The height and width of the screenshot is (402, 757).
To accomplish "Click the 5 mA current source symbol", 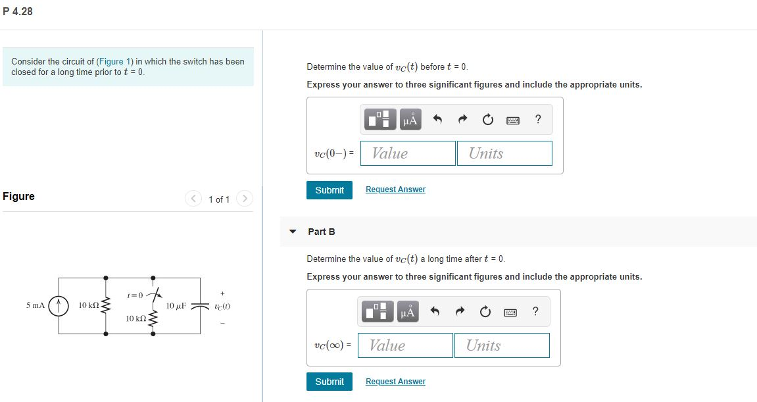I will [x=60, y=306].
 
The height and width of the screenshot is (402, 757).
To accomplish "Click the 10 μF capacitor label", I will [x=176, y=306].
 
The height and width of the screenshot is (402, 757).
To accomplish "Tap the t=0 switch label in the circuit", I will [x=135, y=294].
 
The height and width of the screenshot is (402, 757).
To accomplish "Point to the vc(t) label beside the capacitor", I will [x=222, y=307].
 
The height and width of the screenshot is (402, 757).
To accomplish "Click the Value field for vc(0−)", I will [x=408, y=153].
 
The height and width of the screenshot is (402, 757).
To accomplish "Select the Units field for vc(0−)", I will [x=504, y=153].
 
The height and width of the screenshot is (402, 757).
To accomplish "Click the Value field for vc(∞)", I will [x=405, y=345].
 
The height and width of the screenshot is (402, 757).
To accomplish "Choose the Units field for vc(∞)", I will [x=502, y=345].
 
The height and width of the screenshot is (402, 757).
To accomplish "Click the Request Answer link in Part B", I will [x=395, y=382].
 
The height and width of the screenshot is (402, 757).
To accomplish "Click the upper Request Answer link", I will [x=395, y=189].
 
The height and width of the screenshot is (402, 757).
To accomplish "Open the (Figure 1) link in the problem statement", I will [x=114, y=61].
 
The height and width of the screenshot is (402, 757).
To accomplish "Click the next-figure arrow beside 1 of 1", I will [x=244, y=198].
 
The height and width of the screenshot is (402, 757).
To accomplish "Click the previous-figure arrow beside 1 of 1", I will [x=193, y=198].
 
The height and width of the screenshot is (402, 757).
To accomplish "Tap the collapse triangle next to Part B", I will [x=293, y=232].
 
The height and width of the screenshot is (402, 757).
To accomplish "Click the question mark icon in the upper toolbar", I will [x=538, y=119].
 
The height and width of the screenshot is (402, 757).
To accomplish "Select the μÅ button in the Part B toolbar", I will [x=408, y=312].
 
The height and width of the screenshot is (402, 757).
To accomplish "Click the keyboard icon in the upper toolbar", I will [x=513, y=120].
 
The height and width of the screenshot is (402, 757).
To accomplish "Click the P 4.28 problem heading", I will [x=18, y=11].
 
